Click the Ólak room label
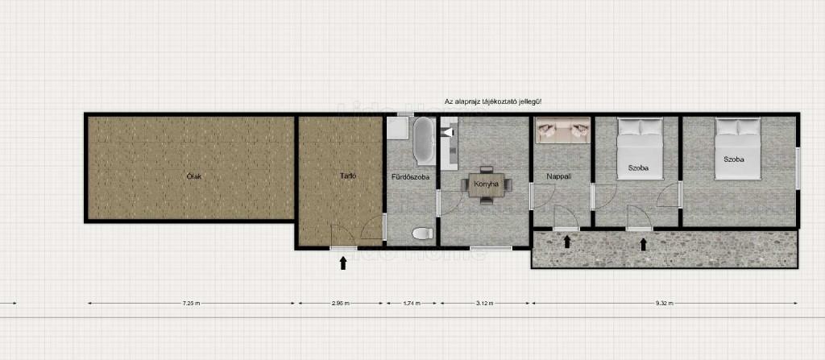[x=194, y=176]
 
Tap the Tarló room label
[x=348, y=176]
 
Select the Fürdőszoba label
[x=410, y=177]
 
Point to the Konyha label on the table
[x=486, y=184]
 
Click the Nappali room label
[x=559, y=177]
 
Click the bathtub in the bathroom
[x=424, y=140]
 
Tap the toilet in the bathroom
[x=422, y=234]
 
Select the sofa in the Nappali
[x=562, y=130]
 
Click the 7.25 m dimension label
[x=191, y=303]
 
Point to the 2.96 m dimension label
[x=341, y=303]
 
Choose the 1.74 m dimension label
[x=411, y=303]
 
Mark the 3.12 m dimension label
[x=484, y=303]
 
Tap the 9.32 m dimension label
[x=665, y=303]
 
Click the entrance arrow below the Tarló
[x=343, y=263]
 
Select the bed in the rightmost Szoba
[x=738, y=149]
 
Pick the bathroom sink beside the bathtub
[x=398, y=128]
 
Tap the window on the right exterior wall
[x=798, y=168]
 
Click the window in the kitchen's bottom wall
[x=491, y=248]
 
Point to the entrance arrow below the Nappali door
[x=566, y=242]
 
